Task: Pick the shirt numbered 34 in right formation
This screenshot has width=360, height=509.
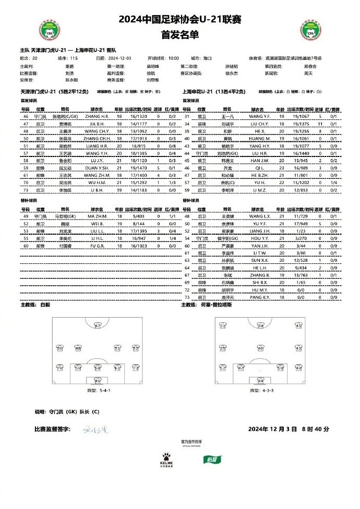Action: tap(261, 327)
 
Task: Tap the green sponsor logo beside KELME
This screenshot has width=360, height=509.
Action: tap(210, 459)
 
